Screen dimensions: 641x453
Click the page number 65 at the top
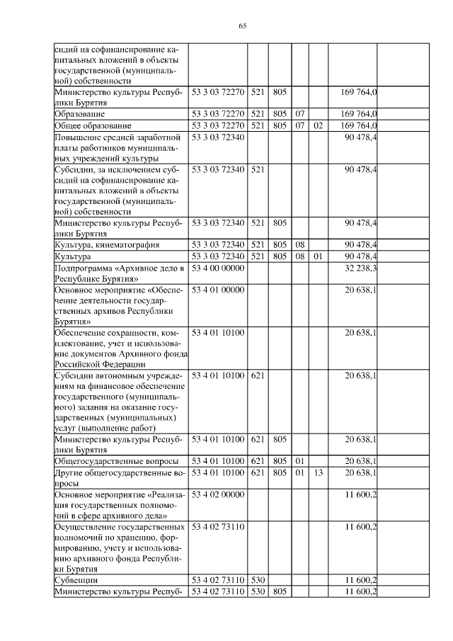[242, 25]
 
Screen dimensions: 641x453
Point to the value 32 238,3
[360, 268]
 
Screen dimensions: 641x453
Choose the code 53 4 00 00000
[218, 268]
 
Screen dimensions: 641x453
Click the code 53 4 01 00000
[218, 290]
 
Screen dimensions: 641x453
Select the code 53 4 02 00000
[218, 494]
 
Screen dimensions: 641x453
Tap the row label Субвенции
[76, 579]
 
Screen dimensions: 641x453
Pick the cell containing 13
[318, 472]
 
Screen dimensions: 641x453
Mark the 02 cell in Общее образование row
[318, 125]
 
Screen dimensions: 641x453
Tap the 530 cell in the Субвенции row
[257, 579]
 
